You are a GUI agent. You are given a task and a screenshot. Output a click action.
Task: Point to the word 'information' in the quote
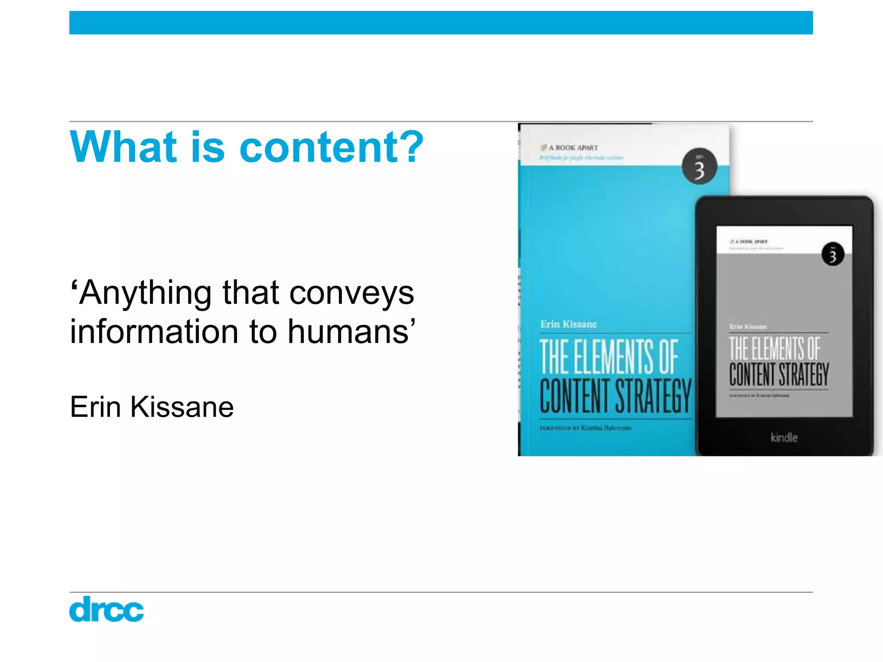154,332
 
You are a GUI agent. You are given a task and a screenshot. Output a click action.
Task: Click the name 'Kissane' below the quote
182,407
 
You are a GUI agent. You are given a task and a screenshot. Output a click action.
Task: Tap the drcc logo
106,609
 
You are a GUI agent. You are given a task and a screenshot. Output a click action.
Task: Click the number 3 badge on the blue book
699,167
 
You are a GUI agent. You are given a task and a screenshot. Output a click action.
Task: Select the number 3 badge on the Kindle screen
833,255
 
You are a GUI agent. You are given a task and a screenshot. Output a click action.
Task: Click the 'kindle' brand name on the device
784,438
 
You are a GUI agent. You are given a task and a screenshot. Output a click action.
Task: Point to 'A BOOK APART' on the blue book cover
573,148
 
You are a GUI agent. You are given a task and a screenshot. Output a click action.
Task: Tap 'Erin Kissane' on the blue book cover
569,324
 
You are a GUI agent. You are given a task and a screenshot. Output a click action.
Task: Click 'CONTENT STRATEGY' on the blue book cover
615,396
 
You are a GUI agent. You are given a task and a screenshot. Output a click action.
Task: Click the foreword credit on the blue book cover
586,428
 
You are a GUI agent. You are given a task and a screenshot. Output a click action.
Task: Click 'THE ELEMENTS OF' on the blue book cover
609,357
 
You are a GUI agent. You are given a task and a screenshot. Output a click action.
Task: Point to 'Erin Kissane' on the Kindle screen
748,327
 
